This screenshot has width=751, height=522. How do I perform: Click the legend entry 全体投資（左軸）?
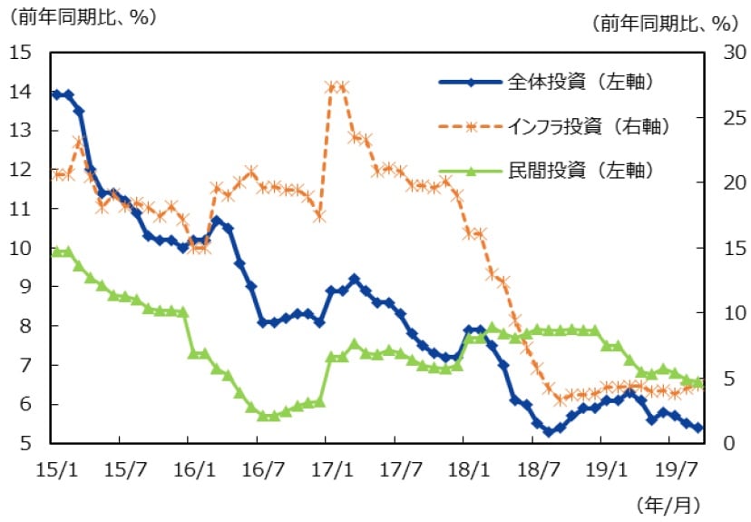click(x=580, y=83)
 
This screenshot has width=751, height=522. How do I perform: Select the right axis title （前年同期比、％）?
click(x=665, y=24)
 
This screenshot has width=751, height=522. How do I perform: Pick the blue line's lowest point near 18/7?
click(x=549, y=432)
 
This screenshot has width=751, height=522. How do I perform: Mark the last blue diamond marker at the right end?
click(x=698, y=428)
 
